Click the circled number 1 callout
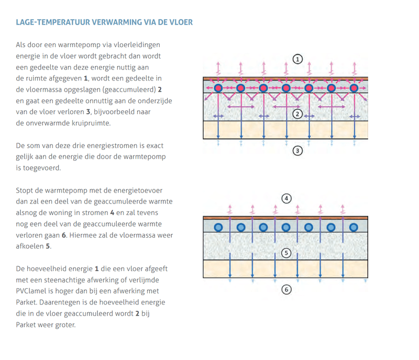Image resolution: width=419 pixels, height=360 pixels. [297, 59]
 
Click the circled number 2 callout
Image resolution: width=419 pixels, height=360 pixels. [297, 114]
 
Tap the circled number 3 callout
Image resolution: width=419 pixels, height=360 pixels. [297, 151]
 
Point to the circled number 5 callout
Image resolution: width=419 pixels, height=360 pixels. [285, 253]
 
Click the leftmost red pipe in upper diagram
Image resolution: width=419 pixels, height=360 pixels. [218, 88]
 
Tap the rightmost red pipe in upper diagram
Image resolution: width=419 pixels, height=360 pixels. [355, 88]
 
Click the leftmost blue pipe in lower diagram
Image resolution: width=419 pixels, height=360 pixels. [218, 227]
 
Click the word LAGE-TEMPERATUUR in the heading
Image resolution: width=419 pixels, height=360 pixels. [52, 22]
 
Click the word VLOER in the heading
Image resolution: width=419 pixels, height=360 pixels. [181, 22]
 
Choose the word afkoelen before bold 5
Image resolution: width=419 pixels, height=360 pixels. [29, 246]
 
